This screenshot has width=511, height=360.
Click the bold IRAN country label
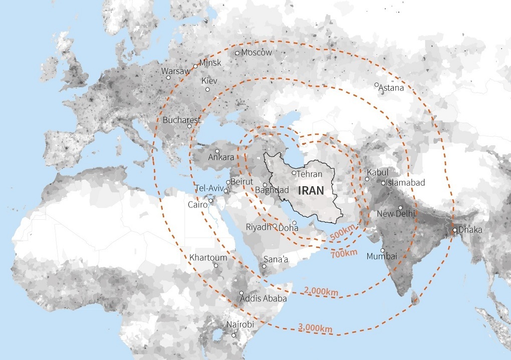pyautogui.click(x=311, y=190)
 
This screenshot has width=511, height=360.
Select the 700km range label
pyautogui.click(x=344, y=253)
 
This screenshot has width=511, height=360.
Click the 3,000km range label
pyautogui.click(x=315, y=328)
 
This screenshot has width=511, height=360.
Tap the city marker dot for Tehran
pyautogui.click(x=294, y=173)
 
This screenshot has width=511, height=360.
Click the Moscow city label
pyautogui.click(x=257, y=53)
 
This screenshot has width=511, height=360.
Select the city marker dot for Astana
pyautogui.click(x=377, y=85)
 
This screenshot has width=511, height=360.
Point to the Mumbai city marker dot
pyautogui.click(x=382, y=250)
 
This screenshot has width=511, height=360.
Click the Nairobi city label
pyautogui.click(x=240, y=325)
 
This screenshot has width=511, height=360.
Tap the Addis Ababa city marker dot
pyautogui.click(x=241, y=293)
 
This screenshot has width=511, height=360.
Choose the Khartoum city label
pyautogui.click(x=208, y=258)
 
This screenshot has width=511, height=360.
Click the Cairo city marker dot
pyautogui.click(x=211, y=201)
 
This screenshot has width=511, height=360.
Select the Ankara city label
pyautogui.click(x=221, y=158)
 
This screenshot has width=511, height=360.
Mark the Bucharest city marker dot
pyautogui.click(x=189, y=126)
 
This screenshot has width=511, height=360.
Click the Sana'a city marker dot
pyautogui.click(x=264, y=266)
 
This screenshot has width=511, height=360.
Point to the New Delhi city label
pyautogui.click(x=396, y=214)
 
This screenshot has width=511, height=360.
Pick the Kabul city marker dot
pyautogui.click(x=367, y=179)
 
